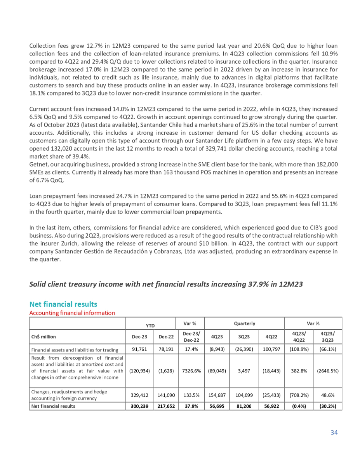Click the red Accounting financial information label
72,312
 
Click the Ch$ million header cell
45,336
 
